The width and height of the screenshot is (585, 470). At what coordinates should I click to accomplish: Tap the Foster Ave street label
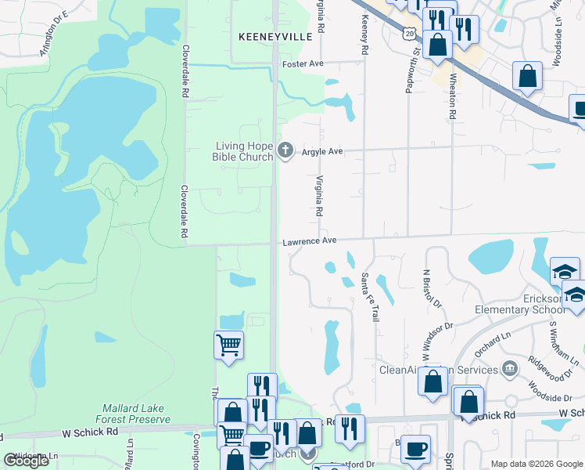[x=303, y=63]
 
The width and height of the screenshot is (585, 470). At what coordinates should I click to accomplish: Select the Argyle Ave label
[x=323, y=151]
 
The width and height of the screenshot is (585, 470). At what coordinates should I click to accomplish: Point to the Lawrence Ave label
[x=309, y=241]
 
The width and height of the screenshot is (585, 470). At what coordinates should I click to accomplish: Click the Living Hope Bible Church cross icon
[x=286, y=150]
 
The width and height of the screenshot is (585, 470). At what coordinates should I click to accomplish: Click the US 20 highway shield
[x=409, y=31]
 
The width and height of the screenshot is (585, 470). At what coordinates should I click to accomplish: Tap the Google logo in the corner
[x=26, y=461]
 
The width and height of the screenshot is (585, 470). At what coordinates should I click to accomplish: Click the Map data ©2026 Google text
[x=536, y=464]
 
